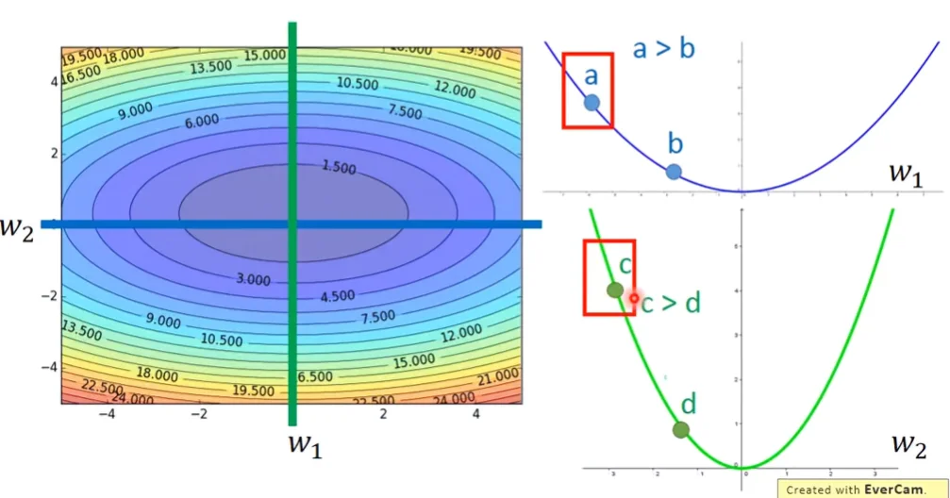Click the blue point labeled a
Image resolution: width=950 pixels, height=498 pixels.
click(x=592, y=103)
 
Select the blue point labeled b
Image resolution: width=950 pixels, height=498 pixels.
click(x=673, y=172)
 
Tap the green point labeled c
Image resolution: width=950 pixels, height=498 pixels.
click(x=614, y=290)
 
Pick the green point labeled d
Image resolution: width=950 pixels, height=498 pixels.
click(x=681, y=430)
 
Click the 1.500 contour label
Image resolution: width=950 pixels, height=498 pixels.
click(x=338, y=168)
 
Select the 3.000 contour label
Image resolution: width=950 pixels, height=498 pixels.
click(x=251, y=280)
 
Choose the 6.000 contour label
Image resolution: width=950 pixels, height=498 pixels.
click(x=201, y=121)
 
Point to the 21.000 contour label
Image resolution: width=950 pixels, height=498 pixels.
click(x=496, y=378)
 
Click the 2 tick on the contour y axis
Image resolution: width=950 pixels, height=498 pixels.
click(x=53, y=153)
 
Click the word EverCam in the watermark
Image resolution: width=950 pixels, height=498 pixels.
click(x=890, y=490)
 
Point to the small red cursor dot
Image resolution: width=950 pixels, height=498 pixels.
click(x=635, y=300)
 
